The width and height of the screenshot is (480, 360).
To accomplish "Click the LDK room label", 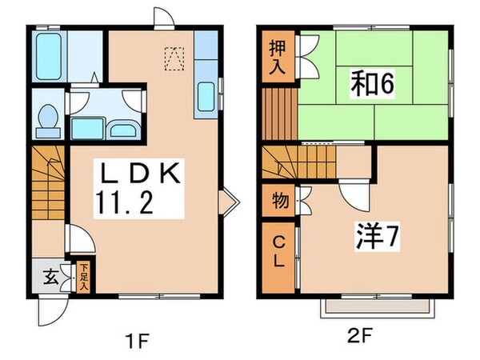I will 141,173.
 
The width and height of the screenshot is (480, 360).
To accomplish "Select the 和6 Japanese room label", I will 372,83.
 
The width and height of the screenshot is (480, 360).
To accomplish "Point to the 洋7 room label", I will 373,236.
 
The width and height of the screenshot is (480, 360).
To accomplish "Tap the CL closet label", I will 278,251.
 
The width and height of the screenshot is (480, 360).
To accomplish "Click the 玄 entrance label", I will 48,278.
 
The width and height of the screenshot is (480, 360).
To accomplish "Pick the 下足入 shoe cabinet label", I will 82,276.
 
